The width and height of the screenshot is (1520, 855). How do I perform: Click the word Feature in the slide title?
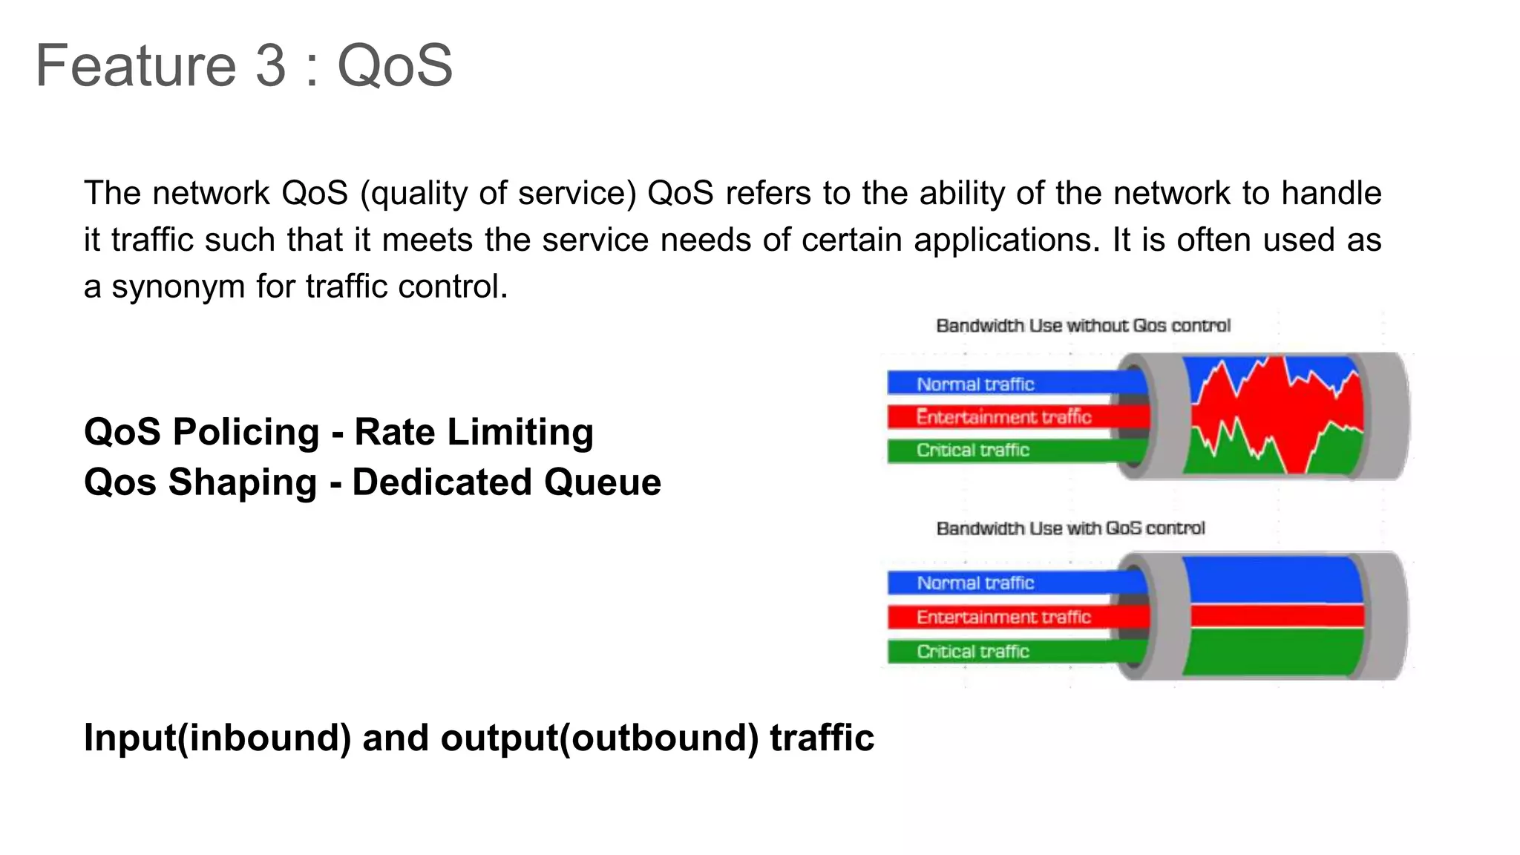pos(135,65)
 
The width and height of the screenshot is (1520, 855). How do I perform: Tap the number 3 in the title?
pos(271,65)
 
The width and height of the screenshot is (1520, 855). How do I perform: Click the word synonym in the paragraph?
pos(177,287)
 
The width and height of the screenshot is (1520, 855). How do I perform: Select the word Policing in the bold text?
pos(246,432)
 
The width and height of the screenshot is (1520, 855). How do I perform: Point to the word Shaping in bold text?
pos(243,482)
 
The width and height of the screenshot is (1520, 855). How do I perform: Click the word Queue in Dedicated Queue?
pos(602,482)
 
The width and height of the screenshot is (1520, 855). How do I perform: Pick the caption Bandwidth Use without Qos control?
pos(1083,326)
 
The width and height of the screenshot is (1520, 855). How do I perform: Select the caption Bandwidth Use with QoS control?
pos(1070,528)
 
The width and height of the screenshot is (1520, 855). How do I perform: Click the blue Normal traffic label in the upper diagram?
pos(975,384)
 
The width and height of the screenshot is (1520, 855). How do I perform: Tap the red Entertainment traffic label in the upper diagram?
pos(1003,417)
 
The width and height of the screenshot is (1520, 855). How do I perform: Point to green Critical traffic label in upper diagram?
pos(972,450)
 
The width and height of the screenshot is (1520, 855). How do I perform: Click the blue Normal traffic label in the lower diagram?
pos(975,583)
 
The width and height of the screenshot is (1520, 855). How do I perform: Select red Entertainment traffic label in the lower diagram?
pos(1003,617)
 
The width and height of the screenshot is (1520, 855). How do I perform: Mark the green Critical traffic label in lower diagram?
pos(972,652)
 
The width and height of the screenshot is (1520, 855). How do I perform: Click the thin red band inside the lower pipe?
pos(1277,615)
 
